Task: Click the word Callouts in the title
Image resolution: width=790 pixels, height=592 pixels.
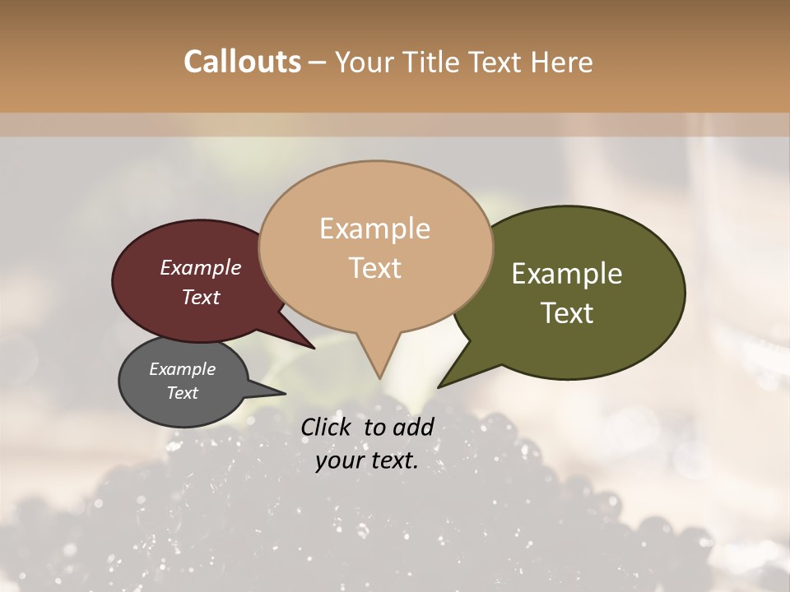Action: coord(242,62)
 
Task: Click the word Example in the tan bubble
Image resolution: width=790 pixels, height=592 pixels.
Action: coord(374,229)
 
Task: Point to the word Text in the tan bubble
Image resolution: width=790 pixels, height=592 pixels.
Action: coord(374,268)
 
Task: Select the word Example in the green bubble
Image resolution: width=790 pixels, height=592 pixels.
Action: coord(567,274)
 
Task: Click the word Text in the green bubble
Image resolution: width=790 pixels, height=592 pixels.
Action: coord(567,313)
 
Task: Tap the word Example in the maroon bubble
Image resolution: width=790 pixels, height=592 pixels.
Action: coord(200,267)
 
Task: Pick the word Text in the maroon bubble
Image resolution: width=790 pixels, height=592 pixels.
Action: coord(200,297)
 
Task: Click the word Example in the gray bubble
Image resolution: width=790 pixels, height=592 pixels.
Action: coord(182,369)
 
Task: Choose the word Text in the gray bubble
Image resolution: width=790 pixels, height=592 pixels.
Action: coord(182,393)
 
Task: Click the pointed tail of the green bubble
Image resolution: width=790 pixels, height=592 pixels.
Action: coord(440,386)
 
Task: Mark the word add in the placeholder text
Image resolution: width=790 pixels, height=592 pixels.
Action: coord(415,427)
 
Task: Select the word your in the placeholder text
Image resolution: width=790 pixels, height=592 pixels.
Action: coord(337,460)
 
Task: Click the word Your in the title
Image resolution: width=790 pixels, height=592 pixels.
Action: coord(363,62)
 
